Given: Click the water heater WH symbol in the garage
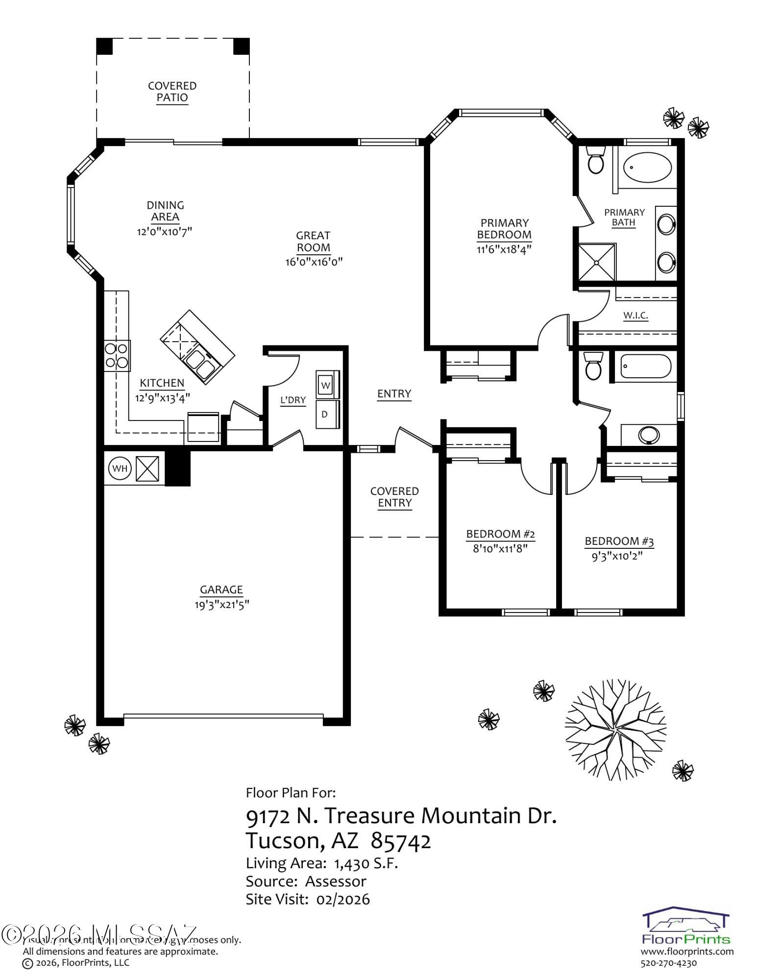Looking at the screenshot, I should point(120,468).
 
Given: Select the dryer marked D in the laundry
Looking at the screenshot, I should point(325,414).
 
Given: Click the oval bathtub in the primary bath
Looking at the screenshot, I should point(647,168).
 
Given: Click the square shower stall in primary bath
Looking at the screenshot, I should point(597,262).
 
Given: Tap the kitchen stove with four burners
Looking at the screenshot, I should point(117,355).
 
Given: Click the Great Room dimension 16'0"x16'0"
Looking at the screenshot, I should point(314,262).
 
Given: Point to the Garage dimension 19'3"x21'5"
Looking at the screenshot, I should point(221,605).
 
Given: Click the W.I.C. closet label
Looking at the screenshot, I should point(635,315).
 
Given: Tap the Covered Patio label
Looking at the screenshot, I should point(172,92).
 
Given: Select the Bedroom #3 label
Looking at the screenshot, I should point(619,541).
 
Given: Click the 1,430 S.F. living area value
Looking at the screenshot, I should point(366,863).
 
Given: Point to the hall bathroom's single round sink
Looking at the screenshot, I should point(650,435).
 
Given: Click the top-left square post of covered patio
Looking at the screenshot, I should point(104,46).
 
